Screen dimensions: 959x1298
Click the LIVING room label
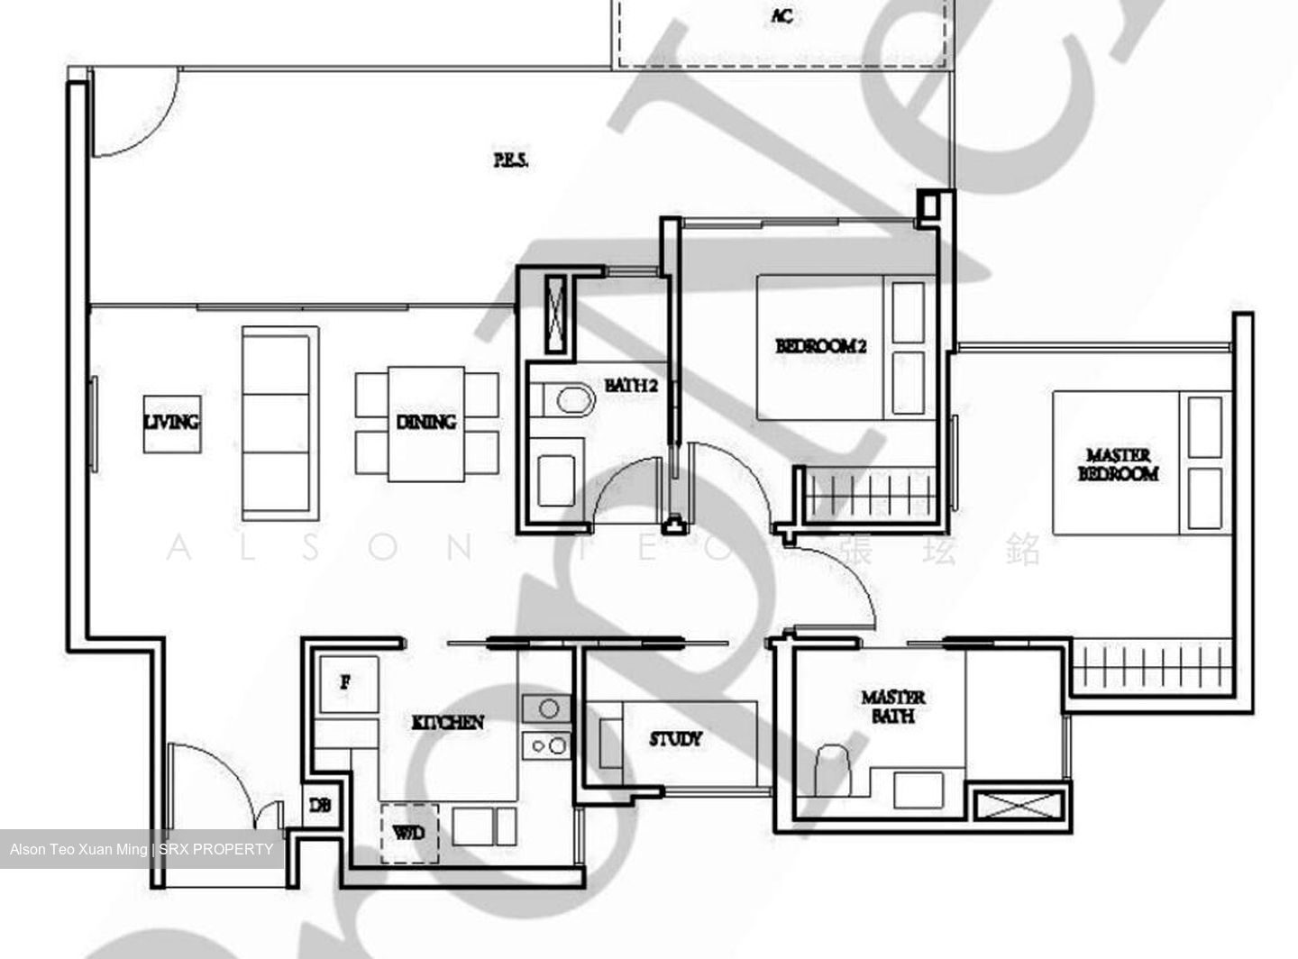point(171,422)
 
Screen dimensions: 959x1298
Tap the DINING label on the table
point(426,422)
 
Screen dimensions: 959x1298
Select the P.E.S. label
point(509,162)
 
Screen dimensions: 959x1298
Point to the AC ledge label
point(782,15)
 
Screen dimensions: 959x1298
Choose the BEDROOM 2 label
point(820,346)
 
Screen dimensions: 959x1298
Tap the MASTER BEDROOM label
point(1118,465)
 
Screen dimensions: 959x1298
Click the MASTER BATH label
point(892,707)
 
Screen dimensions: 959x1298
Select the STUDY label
point(676,740)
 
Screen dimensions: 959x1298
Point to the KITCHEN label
point(448,723)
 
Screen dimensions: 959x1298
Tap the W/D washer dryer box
point(409,834)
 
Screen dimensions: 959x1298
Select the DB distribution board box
point(320,806)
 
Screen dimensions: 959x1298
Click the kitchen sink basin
point(546,708)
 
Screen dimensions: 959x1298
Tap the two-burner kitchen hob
point(546,745)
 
